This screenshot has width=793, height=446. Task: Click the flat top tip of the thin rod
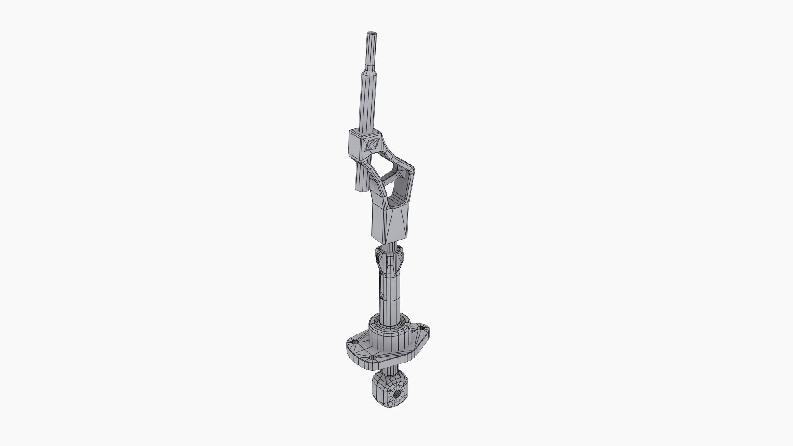coord(83,33)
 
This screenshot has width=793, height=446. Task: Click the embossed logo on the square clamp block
coord(372,145)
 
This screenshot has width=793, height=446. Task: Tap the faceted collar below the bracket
coord(389,260)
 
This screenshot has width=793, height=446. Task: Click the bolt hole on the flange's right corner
coord(421,329)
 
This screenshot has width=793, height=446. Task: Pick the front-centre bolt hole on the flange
coord(373,358)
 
